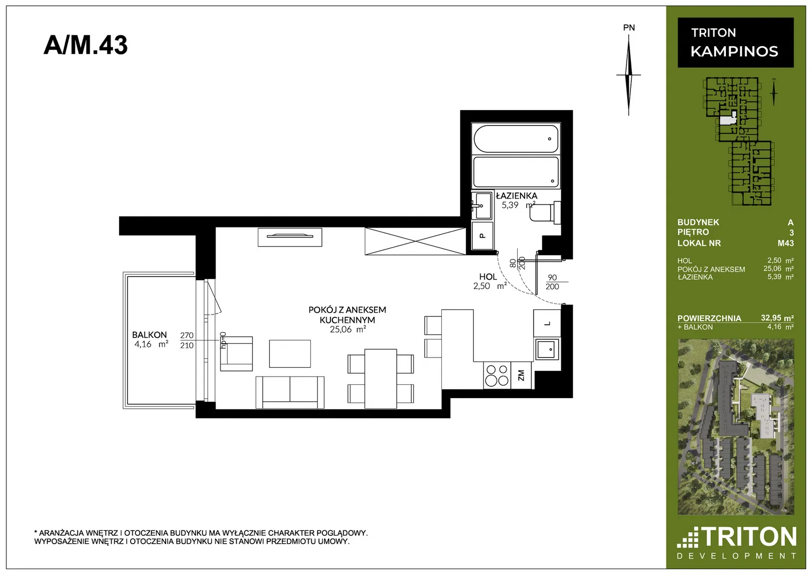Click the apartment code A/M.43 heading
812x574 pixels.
(86, 45)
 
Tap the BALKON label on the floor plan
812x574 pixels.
(149, 334)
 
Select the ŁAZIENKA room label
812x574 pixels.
(517, 196)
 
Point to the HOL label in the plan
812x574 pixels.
(488, 277)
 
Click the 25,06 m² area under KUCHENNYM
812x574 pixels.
(348, 330)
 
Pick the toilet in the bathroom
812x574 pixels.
(545, 213)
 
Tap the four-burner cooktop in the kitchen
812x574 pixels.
(497, 375)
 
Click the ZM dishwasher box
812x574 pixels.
(522, 375)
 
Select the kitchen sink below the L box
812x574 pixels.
(546, 349)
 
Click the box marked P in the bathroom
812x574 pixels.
(482, 235)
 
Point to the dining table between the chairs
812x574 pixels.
(381, 378)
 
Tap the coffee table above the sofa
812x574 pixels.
(290, 353)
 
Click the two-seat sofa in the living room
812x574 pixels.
(290, 392)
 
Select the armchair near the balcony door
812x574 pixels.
(236, 353)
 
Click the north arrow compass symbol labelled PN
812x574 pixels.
(629, 74)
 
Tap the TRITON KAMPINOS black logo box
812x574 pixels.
(736, 43)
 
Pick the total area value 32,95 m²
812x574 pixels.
(777, 318)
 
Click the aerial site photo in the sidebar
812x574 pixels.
(736, 427)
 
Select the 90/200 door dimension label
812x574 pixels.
(552, 282)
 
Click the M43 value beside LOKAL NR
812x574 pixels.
(785, 243)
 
